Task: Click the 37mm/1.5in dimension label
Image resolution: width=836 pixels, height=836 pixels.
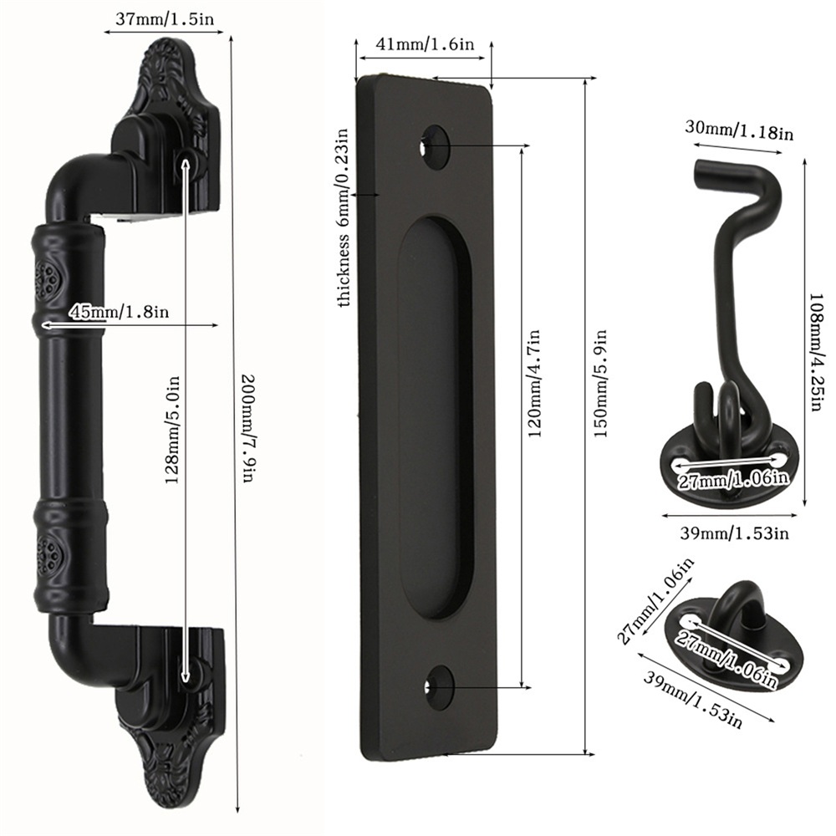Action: (165, 19)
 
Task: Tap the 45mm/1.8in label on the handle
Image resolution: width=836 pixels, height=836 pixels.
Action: (119, 311)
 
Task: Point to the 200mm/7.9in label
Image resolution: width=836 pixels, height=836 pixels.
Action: (249, 429)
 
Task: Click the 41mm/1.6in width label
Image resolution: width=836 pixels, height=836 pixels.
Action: (425, 43)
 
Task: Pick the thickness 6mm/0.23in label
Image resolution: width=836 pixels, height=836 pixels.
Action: (344, 217)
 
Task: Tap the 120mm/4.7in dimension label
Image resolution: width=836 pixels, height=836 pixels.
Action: (534, 384)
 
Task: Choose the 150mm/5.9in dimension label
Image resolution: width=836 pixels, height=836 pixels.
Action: (601, 384)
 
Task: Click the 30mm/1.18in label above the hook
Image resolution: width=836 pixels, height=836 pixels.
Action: (739, 130)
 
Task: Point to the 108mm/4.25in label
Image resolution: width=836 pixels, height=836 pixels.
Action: (818, 352)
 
